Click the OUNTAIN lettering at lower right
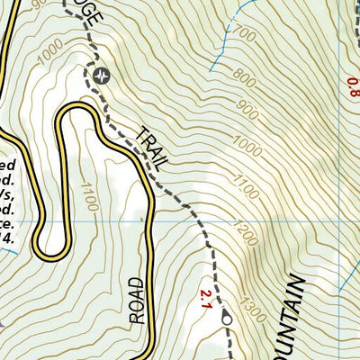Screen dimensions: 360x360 [x=291, y=319]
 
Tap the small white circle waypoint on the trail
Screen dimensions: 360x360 [x=226, y=317]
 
